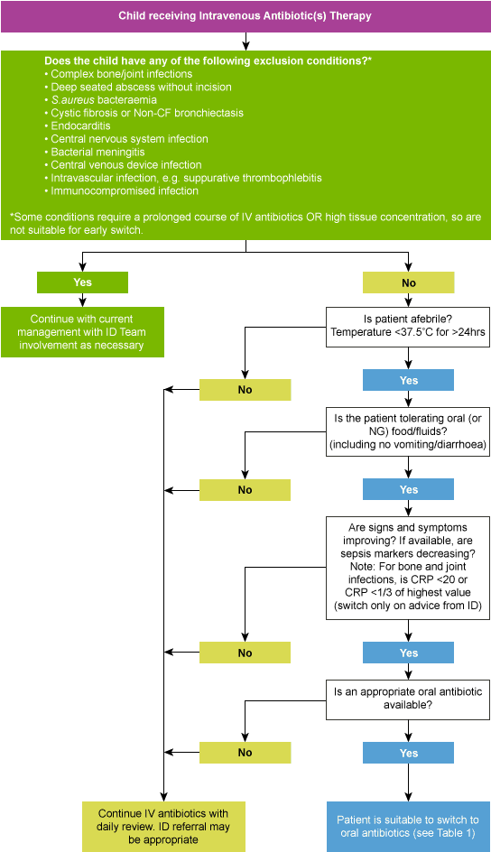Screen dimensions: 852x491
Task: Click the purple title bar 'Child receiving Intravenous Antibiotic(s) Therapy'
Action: tap(245, 16)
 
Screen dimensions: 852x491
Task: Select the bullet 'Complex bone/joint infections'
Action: tap(121, 74)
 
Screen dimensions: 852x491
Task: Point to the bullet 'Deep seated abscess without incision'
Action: tap(141, 88)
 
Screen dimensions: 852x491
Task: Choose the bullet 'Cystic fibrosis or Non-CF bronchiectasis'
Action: tap(147, 113)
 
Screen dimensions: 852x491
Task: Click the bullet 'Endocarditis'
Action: tap(80, 126)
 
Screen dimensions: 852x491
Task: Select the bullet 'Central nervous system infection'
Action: tap(129, 139)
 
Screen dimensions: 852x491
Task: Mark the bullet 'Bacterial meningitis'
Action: tap(97, 153)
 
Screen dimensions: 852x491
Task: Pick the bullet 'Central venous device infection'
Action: tap(126, 165)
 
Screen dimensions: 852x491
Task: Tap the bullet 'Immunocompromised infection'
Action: tap(125, 191)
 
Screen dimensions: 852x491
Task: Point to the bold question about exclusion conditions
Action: tap(208, 60)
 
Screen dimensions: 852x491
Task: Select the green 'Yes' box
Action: tap(82, 282)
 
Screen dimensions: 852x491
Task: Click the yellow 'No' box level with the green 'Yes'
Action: tap(408, 282)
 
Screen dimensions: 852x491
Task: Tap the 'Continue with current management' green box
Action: tap(82, 332)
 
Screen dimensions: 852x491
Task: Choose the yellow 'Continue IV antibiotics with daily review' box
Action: tap(163, 825)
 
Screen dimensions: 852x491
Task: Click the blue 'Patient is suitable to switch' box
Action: tap(408, 826)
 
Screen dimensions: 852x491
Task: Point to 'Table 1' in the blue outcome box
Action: tap(451, 833)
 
